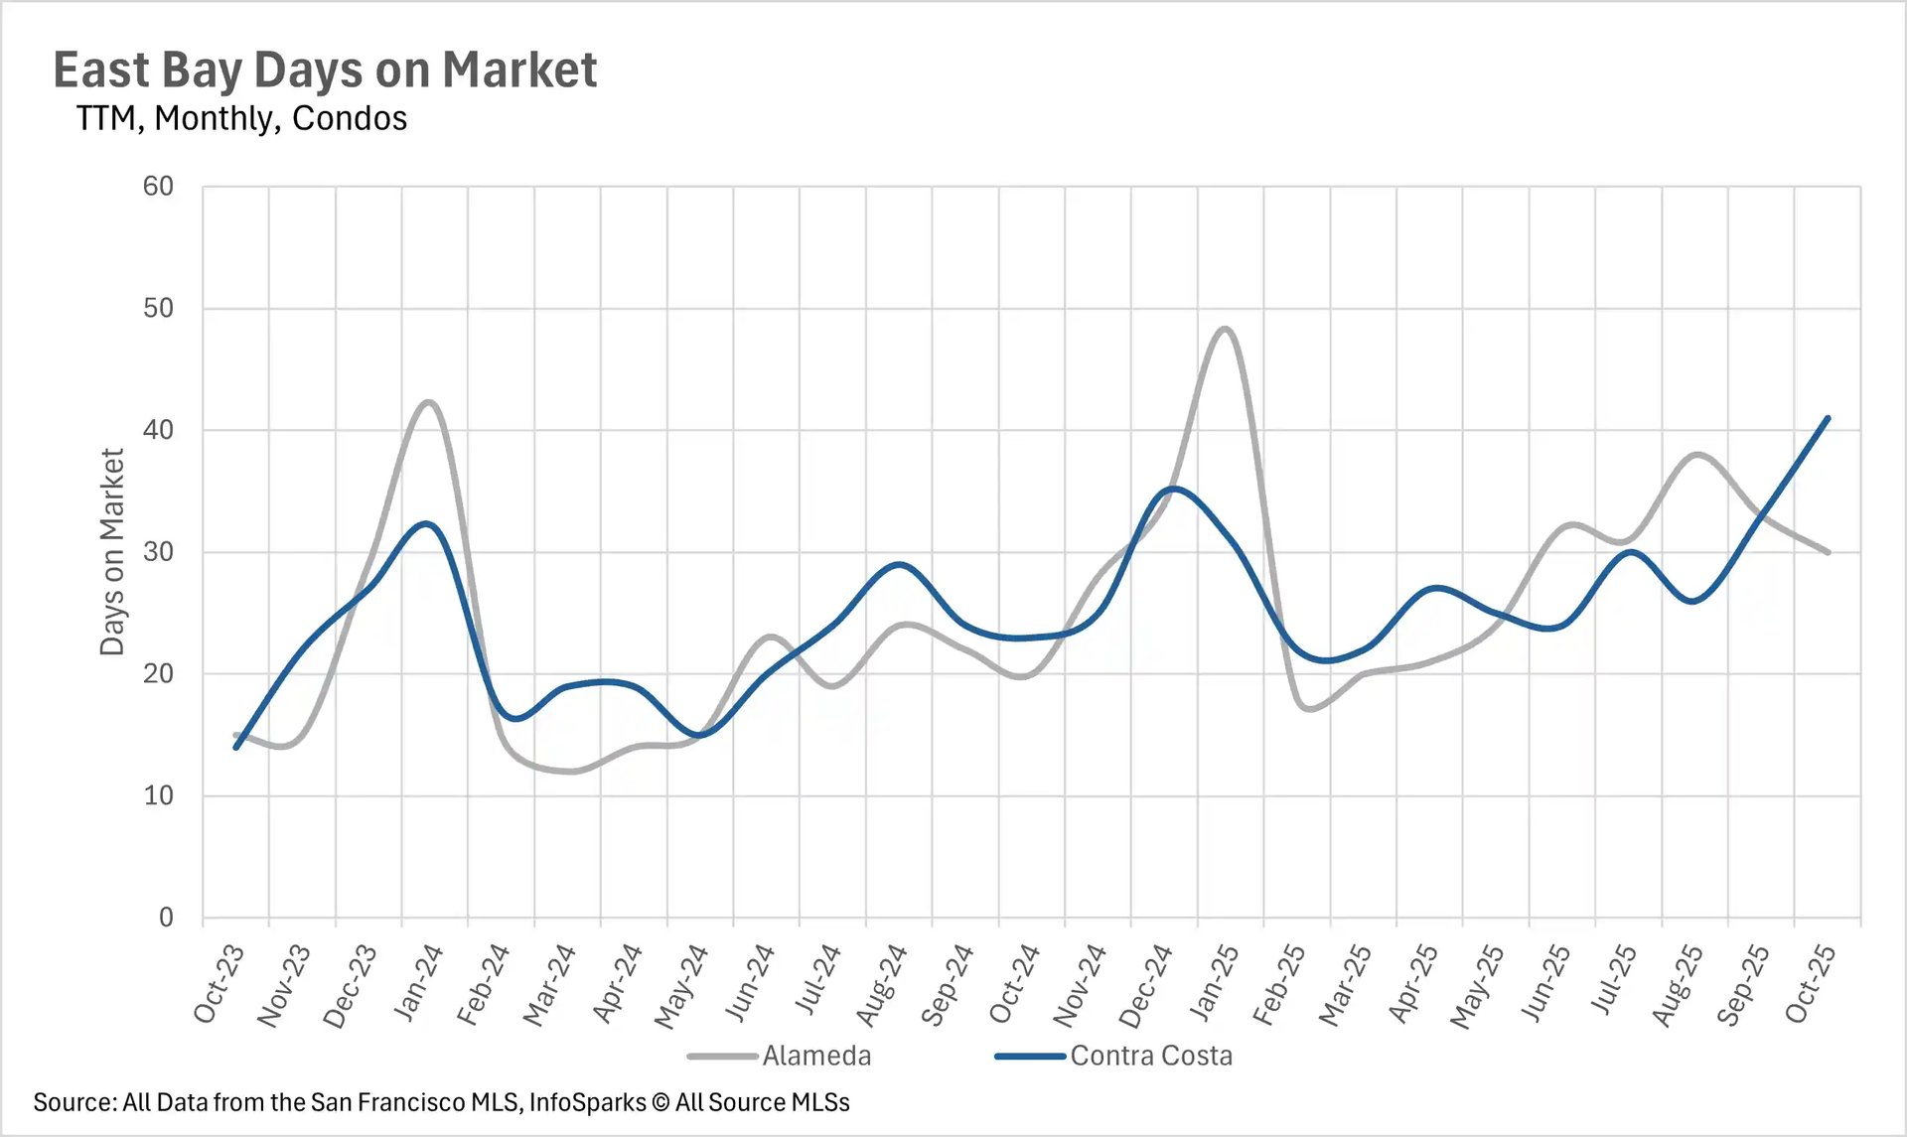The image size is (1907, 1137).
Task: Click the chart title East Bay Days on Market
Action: [325, 71]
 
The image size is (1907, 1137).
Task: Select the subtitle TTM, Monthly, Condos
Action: [241, 118]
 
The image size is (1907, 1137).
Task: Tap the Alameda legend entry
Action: [815, 1056]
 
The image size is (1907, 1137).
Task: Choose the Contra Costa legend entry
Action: [1150, 1056]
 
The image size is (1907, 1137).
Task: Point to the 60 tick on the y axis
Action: [158, 187]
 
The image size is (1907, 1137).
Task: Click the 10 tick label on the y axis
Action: [158, 795]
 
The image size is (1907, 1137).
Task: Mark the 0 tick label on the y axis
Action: [166, 918]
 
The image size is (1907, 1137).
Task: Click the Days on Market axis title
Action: [112, 552]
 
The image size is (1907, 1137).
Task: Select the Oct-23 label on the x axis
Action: [220, 984]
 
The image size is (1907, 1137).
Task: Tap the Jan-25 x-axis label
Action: [1215, 984]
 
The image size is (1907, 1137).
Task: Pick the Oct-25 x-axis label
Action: [1811, 984]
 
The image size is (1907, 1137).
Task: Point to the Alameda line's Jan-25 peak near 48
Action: [1225, 329]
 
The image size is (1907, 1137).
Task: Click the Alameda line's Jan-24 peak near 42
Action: [429, 402]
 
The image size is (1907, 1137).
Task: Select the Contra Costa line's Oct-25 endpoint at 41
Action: [1828, 418]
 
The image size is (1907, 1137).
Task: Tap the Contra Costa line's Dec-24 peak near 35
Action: [1174, 489]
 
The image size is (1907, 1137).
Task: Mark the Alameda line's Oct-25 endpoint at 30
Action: [1828, 552]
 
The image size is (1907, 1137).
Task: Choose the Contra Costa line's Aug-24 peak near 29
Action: [899, 564]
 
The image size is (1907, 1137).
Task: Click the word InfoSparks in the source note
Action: [587, 1102]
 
